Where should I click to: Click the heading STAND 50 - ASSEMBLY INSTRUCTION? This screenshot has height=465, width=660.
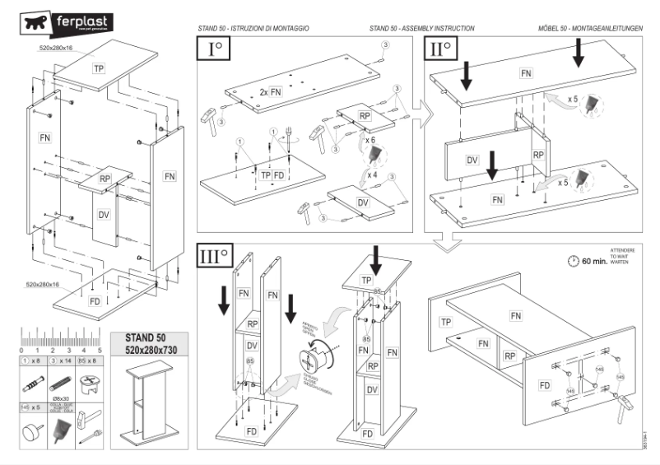[x=422, y=28]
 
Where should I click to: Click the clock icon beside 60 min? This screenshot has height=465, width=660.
[x=573, y=262]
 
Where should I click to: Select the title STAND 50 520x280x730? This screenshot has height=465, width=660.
[x=145, y=344]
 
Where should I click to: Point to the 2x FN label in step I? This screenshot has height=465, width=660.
[x=270, y=91]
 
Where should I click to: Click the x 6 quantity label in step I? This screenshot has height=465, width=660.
[x=371, y=141]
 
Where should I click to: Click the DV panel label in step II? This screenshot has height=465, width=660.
[x=472, y=159]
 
